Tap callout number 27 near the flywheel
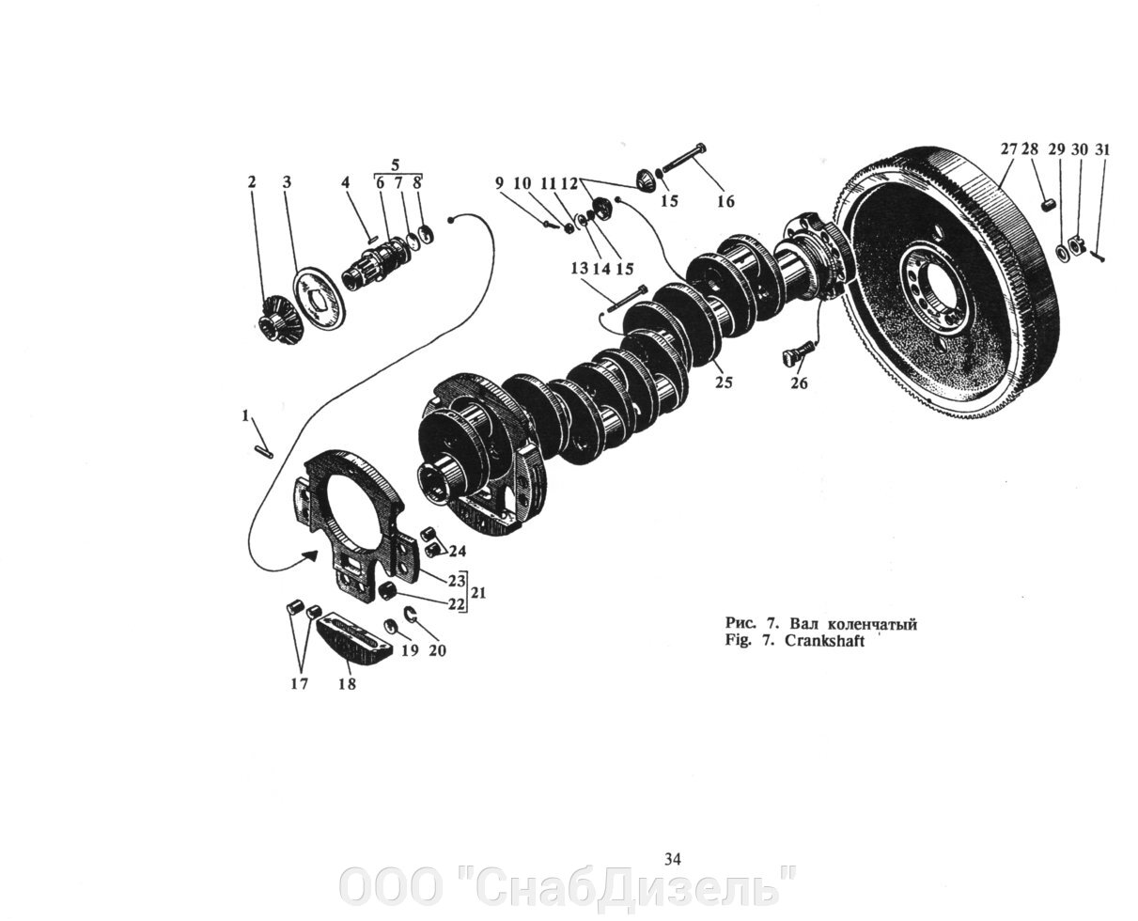coord(1008,149)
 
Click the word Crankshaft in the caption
coord(824,641)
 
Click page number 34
coord(673,860)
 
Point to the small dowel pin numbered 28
coord(1047,205)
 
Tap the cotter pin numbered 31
coord(1098,257)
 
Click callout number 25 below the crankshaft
coord(724,382)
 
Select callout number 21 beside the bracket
coord(478,593)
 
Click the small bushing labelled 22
coord(387,591)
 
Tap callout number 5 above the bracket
coord(396,164)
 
